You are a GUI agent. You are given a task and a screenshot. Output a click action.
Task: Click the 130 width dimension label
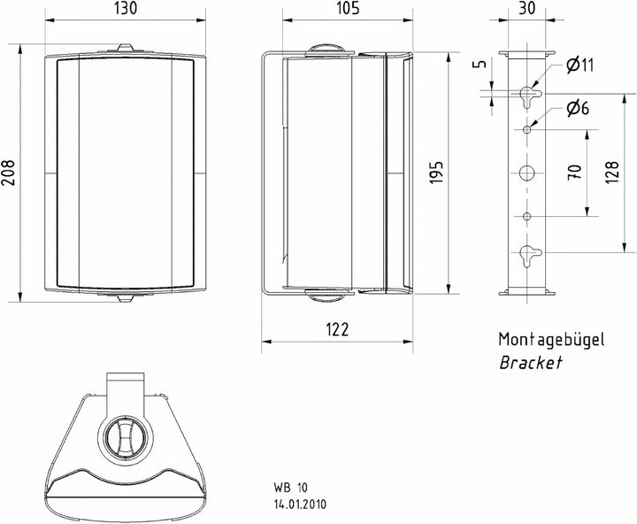(x=126, y=8)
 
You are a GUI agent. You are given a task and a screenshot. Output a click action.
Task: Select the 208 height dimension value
(x=8, y=173)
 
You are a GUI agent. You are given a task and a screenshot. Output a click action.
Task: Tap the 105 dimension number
(x=348, y=8)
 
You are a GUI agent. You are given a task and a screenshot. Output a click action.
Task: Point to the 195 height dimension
(x=436, y=173)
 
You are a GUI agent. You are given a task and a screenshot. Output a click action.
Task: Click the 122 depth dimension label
(x=337, y=329)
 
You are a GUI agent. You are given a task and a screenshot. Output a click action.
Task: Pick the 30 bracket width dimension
(x=527, y=8)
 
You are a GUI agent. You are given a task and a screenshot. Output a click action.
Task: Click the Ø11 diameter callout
(x=579, y=65)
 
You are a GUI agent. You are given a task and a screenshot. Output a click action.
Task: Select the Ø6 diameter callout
(x=578, y=109)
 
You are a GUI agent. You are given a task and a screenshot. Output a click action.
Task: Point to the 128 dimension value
(x=612, y=173)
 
